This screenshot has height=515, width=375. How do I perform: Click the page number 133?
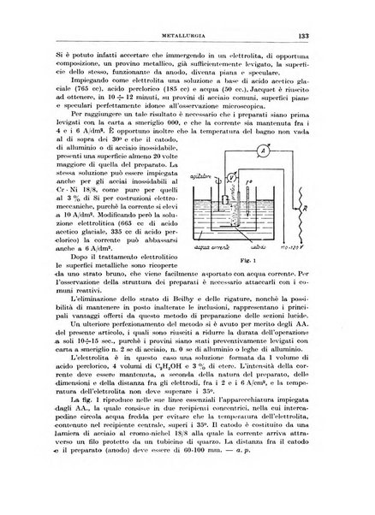pos(339,36)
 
